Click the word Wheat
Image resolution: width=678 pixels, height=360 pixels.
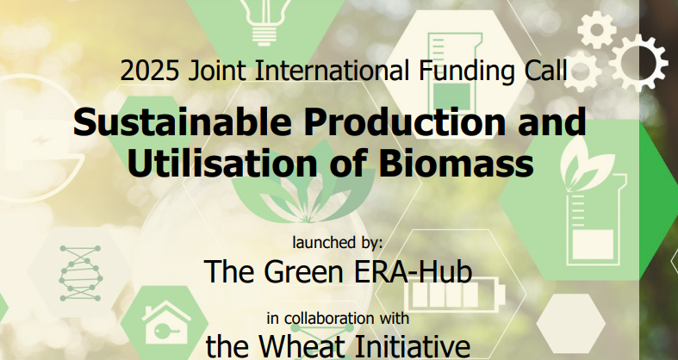tap(308, 346)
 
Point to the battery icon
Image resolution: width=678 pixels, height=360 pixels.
tap(441, 298)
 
